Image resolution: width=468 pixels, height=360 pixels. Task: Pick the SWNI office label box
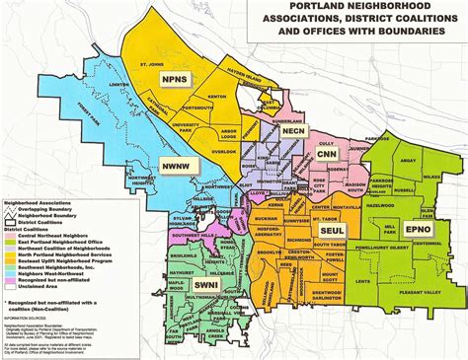point(204,285)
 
